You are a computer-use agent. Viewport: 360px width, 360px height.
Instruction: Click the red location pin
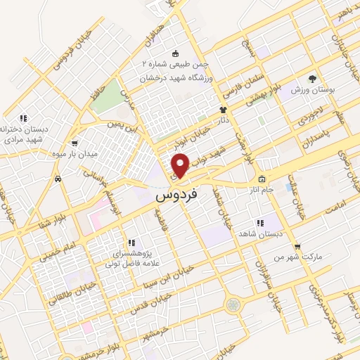tap(180, 165)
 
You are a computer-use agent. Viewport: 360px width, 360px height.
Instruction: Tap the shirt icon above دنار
tap(224, 110)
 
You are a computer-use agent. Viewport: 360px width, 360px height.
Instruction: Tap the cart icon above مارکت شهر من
tap(298, 247)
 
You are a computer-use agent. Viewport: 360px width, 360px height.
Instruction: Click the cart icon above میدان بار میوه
tap(75, 143)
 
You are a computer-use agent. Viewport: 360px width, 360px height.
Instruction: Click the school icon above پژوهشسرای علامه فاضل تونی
tap(131, 243)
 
